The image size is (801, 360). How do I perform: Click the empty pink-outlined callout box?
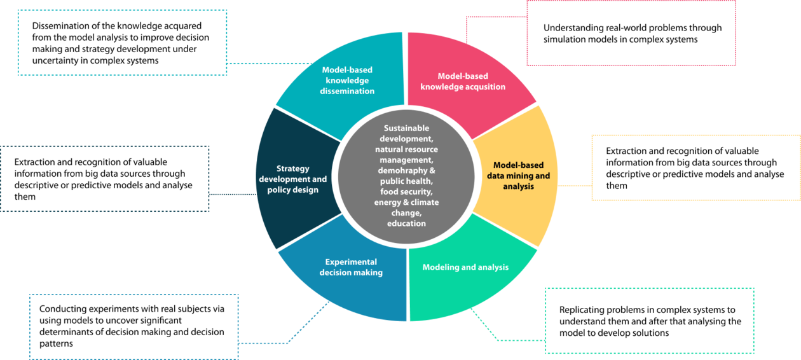coord(631,33)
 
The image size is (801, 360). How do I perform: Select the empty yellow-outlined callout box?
coord(695,167)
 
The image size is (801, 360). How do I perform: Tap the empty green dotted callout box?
coord(650,321)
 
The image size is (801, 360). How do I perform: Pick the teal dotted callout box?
coord(122,43)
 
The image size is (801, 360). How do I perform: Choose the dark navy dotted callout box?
coord(105,179)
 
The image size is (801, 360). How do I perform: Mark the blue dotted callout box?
coord(133,326)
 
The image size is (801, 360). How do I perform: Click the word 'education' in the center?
coord(406,224)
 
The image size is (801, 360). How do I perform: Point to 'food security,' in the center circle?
coord(406,191)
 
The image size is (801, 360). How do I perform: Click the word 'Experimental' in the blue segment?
coord(351,262)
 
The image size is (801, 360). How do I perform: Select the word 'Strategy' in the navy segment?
coord(293,169)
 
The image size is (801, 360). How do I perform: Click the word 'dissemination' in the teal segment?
coord(347,91)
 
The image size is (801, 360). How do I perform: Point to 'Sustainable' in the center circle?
coord(406,128)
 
